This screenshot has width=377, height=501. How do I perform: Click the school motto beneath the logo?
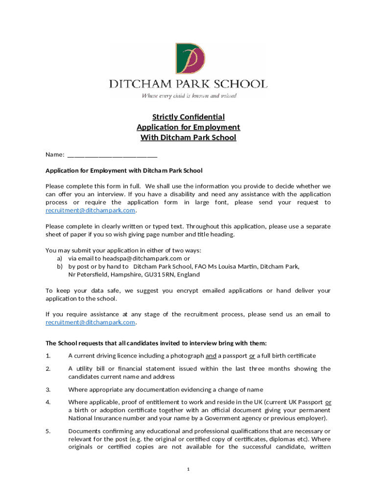coord(189,96)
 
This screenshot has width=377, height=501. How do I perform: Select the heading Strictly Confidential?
coord(188,117)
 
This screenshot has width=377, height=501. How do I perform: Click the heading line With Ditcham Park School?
coord(188,137)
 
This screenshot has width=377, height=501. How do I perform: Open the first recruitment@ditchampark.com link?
coord(90,210)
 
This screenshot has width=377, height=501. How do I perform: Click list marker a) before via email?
coord(60,258)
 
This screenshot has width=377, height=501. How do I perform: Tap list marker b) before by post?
coord(60,267)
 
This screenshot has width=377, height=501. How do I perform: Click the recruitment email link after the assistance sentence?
coord(90,322)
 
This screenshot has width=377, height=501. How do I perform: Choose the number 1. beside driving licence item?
coord(48,356)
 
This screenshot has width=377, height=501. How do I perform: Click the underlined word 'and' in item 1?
coord(211,356)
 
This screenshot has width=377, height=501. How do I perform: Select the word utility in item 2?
coord(87,368)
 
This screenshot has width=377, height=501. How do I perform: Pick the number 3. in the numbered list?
coord(48,389)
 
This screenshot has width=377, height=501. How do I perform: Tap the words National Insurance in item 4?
coord(93,418)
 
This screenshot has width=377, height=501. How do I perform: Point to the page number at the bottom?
coord(188,470)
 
